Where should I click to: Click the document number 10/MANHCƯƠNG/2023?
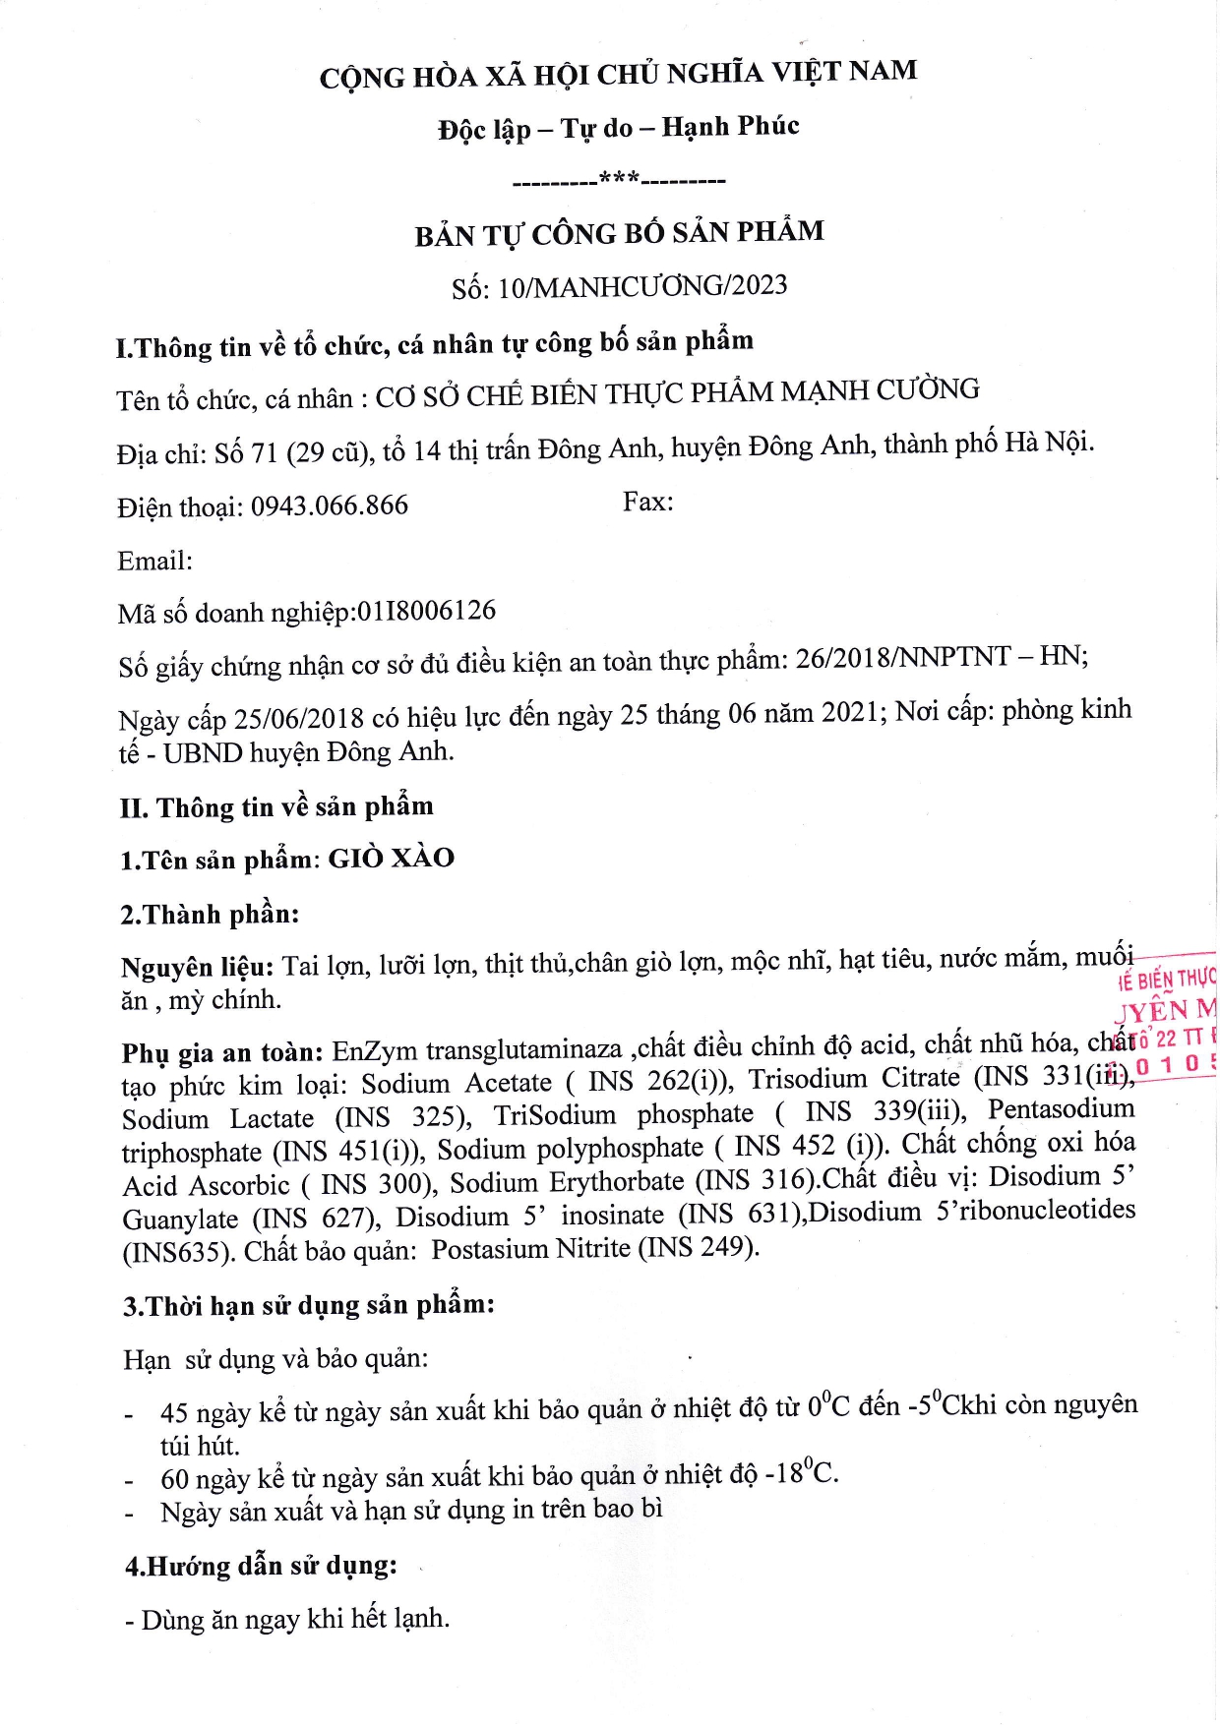tap(642, 286)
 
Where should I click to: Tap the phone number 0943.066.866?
tap(329, 506)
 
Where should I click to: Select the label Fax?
tap(647, 502)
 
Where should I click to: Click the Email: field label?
tap(154, 561)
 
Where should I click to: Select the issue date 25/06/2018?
tap(298, 718)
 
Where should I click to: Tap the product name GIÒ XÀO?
tap(391, 858)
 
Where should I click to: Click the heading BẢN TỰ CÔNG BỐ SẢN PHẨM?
tap(619, 233)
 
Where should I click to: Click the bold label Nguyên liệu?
tap(197, 967)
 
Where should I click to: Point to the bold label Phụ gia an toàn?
tap(222, 1052)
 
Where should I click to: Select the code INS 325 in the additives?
tap(399, 1117)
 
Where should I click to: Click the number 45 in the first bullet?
tap(173, 1413)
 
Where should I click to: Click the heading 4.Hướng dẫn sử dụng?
tap(261, 1565)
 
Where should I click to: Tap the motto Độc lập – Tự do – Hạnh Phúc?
tap(618, 127)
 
